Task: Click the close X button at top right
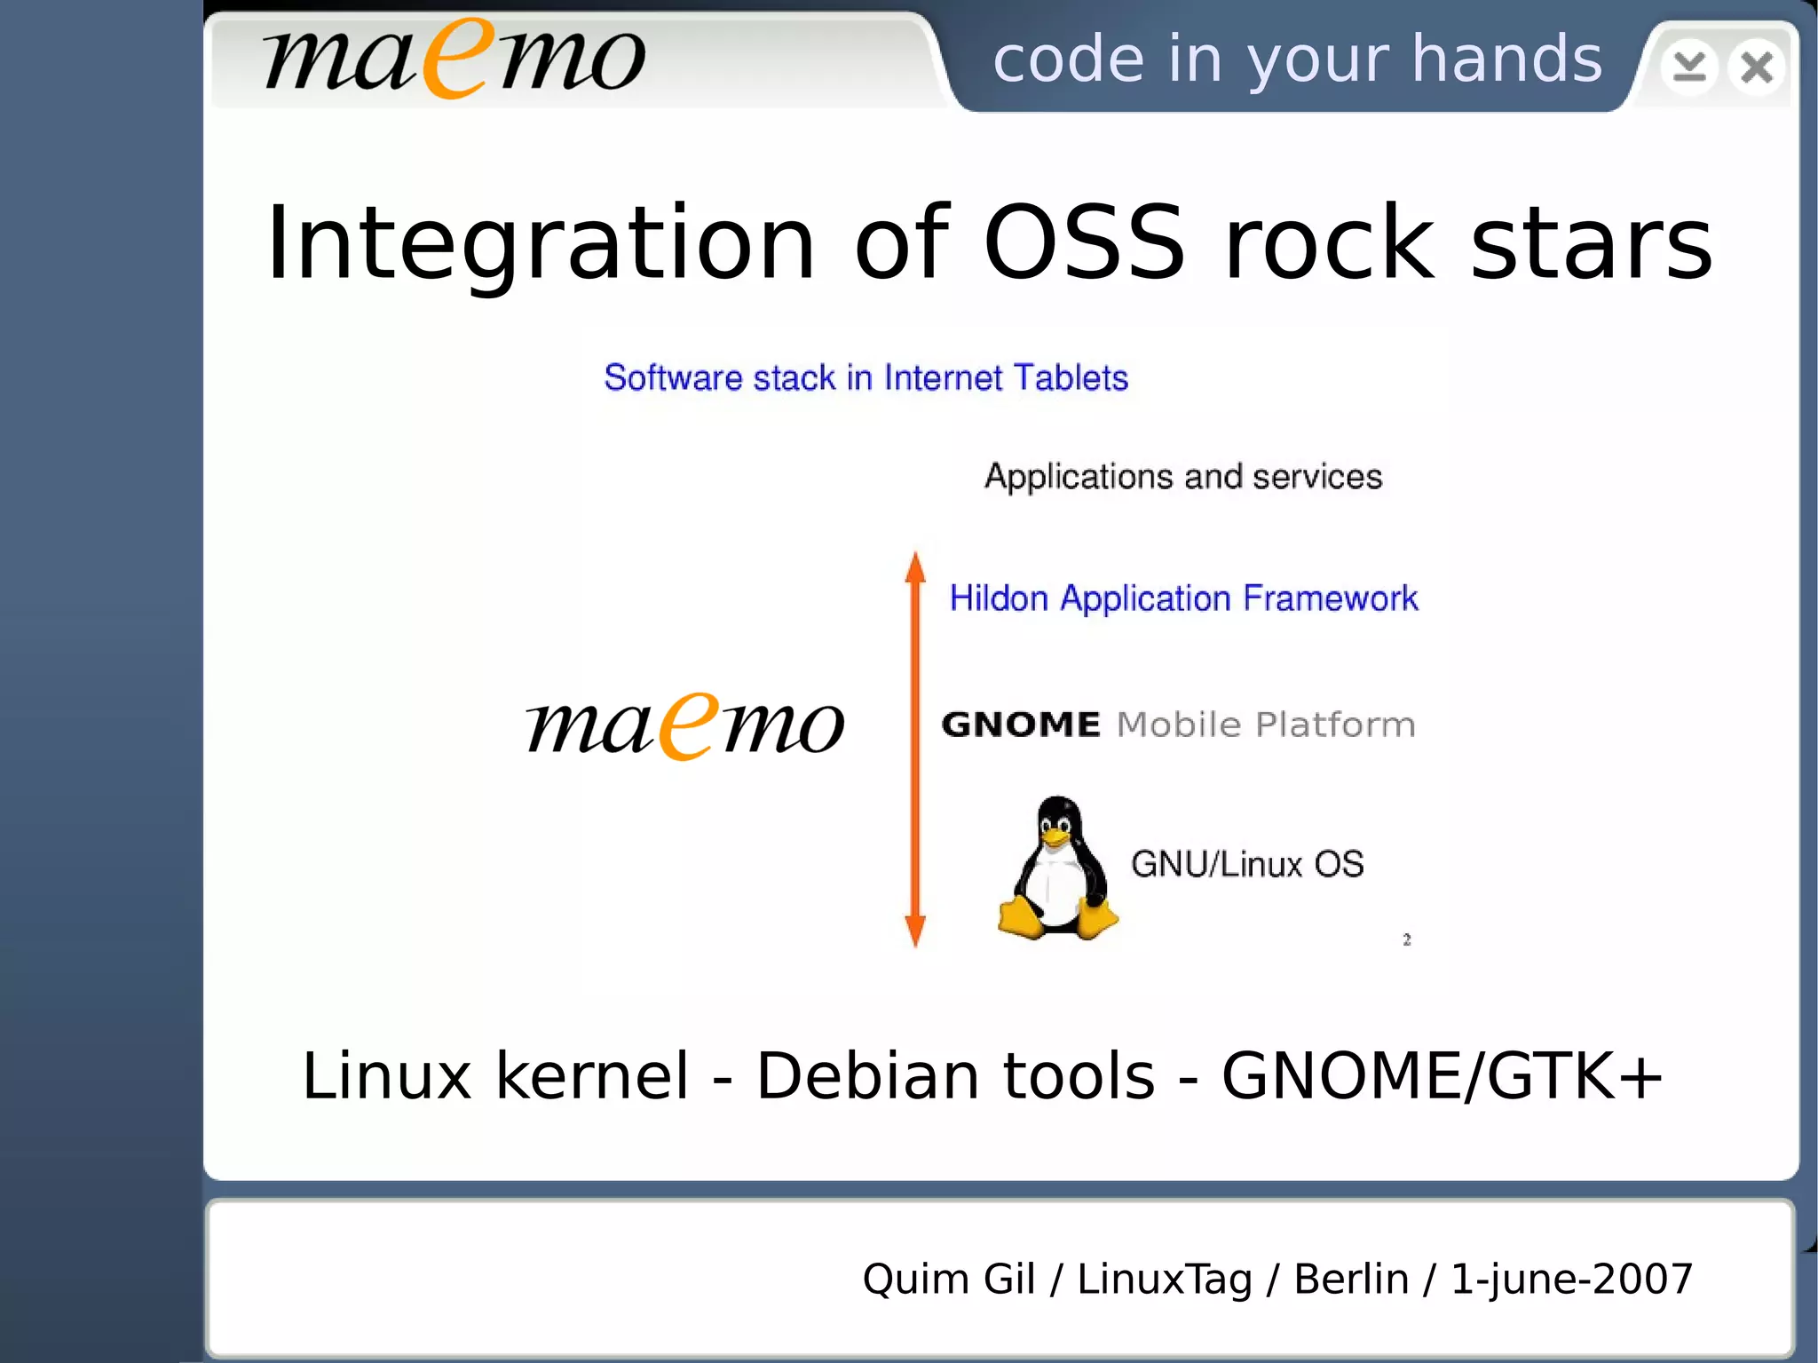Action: click(x=1756, y=67)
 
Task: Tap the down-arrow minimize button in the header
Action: click(x=1688, y=67)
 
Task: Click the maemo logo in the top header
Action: click(x=454, y=59)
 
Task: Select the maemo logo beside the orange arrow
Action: click(x=684, y=726)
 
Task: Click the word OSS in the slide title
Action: click(x=1084, y=242)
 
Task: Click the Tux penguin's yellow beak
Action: click(x=1055, y=837)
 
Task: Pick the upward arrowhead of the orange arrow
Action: click(x=915, y=567)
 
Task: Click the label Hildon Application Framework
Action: click(x=1183, y=598)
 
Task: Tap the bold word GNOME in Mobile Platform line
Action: click(x=1021, y=725)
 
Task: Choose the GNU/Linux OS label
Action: click(x=1247, y=864)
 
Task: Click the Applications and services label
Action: click(x=1183, y=477)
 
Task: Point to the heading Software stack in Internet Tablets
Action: click(x=866, y=378)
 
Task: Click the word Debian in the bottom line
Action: click(x=866, y=1076)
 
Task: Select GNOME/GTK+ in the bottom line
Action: click(x=1442, y=1076)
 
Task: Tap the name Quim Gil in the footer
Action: click(x=948, y=1280)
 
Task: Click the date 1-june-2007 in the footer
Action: click(x=1571, y=1280)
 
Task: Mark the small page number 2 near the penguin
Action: click(x=1407, y=939)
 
